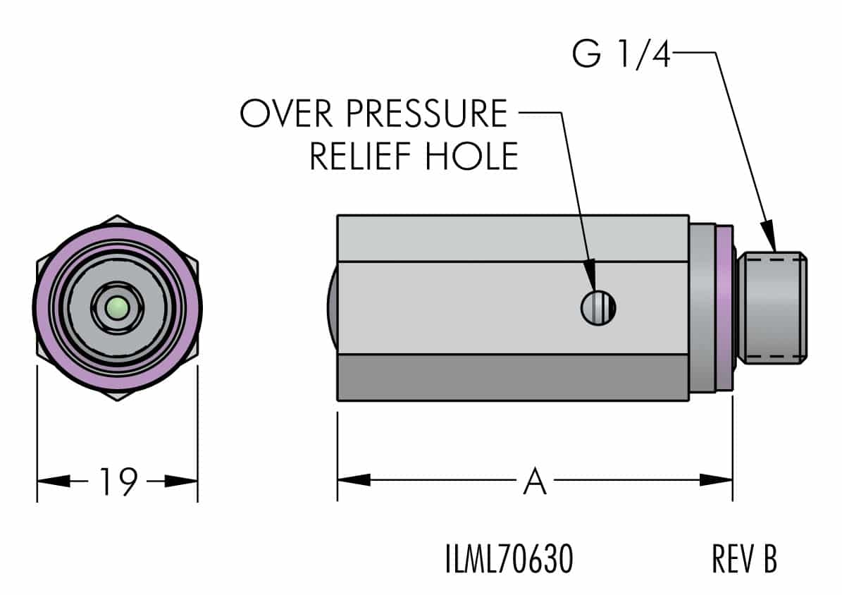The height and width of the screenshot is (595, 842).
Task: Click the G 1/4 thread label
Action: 621,54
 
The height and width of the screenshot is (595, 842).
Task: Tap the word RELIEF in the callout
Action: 364,156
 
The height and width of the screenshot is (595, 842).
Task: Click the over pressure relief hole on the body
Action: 598,307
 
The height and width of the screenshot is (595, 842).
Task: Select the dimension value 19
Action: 117,482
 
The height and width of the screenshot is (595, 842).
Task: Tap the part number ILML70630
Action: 509,560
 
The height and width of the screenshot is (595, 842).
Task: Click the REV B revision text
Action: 745,560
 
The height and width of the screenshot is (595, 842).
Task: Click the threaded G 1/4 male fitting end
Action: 773,307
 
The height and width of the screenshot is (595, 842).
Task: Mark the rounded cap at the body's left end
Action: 332,307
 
